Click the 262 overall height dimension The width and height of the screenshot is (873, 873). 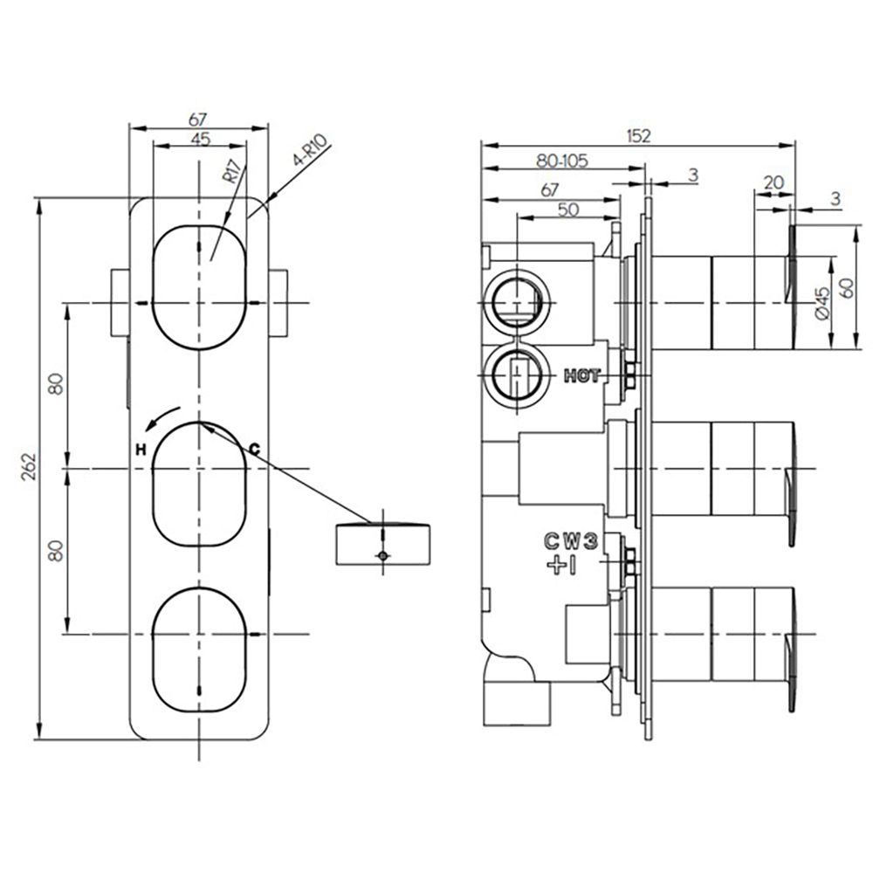pyautogui.click(x=29, y=467)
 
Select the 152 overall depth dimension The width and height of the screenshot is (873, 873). pyautogui.click(x=639, y=135)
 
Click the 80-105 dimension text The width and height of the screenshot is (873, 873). pyautogui.click(x=561, y=161)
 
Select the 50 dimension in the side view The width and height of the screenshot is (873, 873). pyautogui.click(x=567, y=209)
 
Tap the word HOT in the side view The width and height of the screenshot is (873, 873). pyautogui.click(x=582, y=376)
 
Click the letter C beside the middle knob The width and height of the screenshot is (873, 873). pyautogui.click(x=255, y=448)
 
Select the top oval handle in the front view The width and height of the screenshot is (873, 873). pyautogui.click(x=201, y=285)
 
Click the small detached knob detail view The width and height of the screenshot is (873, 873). pyautogui.click(x=382, y=543)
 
